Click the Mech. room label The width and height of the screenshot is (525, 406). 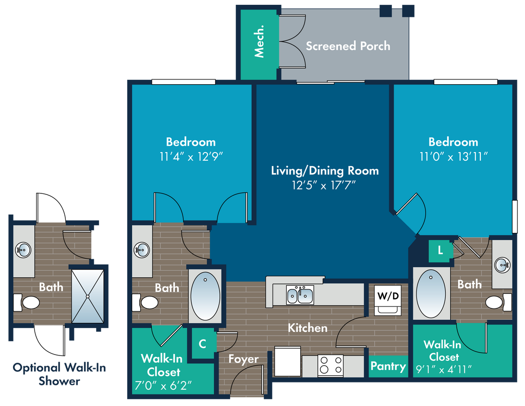259,46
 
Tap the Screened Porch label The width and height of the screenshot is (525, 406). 348,46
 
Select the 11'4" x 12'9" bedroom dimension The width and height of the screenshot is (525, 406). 191,156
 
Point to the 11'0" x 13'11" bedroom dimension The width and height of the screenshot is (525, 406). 453,156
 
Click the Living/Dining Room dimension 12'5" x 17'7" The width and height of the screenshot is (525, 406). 325,185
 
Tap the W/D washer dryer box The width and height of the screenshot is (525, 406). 387,296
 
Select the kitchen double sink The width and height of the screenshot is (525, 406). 300,295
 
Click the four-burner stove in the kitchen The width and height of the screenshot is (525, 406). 331,365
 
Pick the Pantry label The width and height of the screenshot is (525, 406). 388,366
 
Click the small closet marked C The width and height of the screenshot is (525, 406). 202,343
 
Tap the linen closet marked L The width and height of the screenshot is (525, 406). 440,251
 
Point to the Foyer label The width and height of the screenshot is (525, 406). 243,359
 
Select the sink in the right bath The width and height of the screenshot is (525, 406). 502,264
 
